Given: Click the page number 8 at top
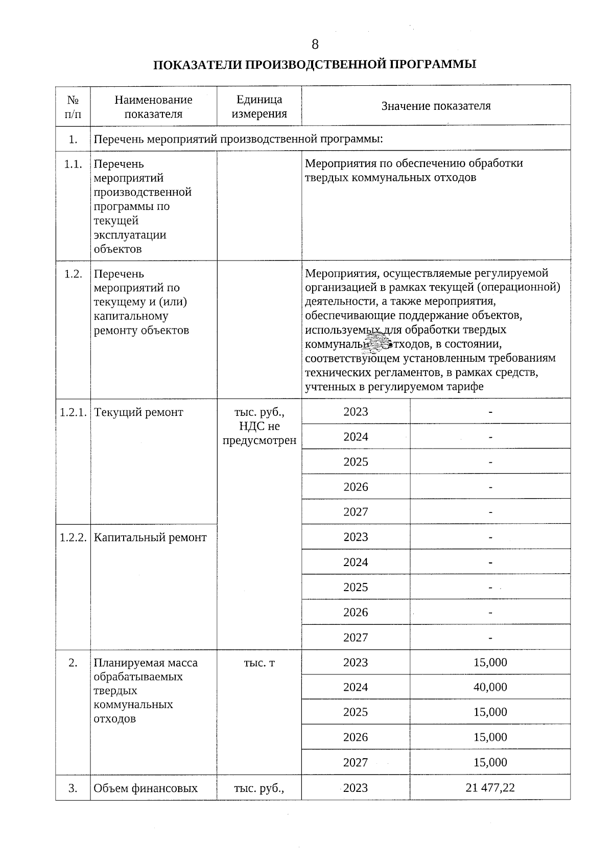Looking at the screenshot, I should [315, 44].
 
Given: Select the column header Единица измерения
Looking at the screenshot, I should [259, 107].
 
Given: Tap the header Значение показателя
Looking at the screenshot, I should [436, 106].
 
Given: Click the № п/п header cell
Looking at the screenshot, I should [73, 107].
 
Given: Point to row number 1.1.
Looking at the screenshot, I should [73, 164].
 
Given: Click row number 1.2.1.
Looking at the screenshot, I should [73, 412].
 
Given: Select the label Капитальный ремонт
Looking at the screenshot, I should [151, 537].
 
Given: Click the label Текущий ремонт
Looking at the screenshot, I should [138, 412].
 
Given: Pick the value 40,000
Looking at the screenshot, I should [490, 687].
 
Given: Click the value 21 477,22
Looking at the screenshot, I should [490, 788].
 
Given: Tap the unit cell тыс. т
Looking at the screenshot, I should [259, 663].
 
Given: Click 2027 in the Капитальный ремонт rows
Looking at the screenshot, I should [356, 638].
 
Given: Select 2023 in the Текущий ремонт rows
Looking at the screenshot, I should [356, 412].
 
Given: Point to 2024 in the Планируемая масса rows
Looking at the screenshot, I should [356, 687].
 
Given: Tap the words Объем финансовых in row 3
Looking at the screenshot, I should [146, 788].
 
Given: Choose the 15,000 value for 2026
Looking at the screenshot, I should [490, 737].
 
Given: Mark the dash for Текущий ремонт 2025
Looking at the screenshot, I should [490, 462].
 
